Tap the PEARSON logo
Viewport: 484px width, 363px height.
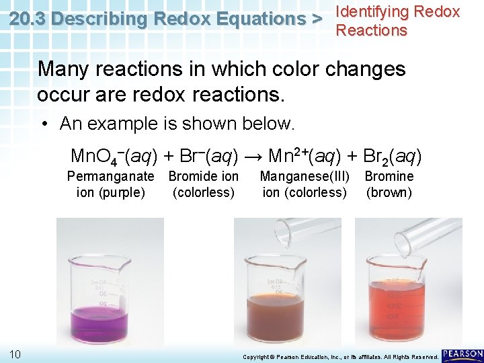point(462,354)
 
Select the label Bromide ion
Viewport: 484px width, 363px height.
point(203,176)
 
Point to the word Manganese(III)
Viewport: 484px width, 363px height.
point(305,176)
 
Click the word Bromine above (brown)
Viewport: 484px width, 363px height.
point(389,176)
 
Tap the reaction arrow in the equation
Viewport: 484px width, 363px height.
point(254,157)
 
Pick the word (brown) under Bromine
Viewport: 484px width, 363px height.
point(389,193)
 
